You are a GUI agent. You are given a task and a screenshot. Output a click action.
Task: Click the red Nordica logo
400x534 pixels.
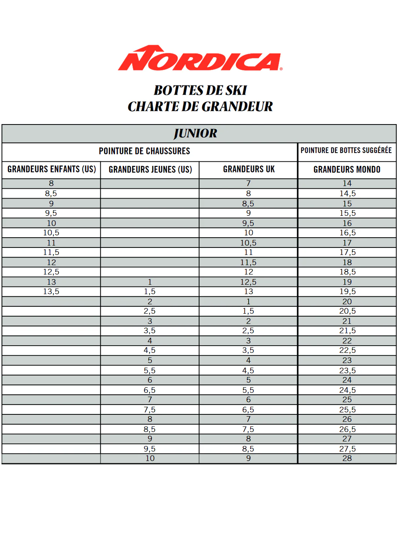coord(200,59)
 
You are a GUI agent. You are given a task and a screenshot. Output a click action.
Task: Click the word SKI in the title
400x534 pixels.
coord(236,90)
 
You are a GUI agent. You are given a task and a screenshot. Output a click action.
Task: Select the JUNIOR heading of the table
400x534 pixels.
coord(195,133)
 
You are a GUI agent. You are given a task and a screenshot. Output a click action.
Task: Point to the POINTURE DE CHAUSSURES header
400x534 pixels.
coord(145,151)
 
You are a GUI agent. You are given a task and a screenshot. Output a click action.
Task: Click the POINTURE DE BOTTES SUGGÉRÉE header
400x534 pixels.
coord(346,150)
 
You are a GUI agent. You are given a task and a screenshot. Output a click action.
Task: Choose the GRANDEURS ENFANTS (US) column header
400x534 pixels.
coord(51,169)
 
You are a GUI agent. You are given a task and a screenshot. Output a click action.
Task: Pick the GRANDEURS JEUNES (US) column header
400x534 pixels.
coord(150,170)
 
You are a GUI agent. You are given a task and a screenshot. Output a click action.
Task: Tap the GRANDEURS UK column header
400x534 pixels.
coord(249,169)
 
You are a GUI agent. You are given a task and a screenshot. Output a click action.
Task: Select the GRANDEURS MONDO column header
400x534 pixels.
coord(347,170)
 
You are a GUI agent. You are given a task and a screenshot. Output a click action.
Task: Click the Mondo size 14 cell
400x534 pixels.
coord(347,184)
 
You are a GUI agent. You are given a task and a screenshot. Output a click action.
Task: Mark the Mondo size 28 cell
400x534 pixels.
coord(347,458)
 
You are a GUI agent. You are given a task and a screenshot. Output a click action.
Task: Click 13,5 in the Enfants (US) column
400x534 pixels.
coord(51,291)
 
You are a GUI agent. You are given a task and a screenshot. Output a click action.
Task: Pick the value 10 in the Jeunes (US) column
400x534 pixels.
coord(150,458)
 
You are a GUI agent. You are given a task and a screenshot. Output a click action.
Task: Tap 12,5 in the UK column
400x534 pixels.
coord(248,282)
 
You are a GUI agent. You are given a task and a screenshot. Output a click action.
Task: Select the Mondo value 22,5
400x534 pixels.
coord(347,350)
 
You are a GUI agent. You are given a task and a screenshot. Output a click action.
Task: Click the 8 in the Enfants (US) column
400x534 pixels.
coord(51,184)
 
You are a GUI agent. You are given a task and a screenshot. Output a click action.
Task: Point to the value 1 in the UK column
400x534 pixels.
coord(248,302)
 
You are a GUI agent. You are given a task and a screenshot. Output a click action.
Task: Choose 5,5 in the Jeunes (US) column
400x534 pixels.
coord(149,370)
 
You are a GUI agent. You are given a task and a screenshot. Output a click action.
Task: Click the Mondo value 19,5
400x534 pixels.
coord(347,291)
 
